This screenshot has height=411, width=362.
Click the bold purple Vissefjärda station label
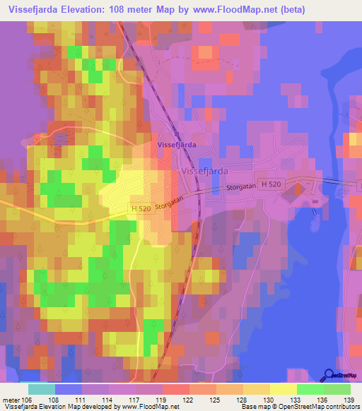point(176,144)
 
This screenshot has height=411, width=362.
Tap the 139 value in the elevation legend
point(349,400)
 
